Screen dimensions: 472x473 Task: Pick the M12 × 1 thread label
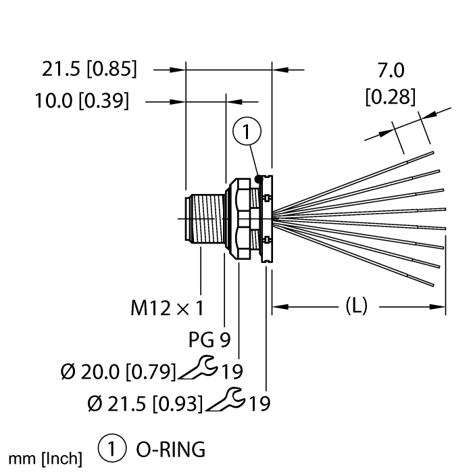pyautogui.click(x=166, y=309)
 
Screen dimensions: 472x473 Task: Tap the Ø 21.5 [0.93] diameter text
pyautogui.click(x=145, y=404)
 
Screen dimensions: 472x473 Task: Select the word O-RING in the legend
pyautogui.click(x=161, y=449)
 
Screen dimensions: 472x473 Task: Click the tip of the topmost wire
pyautogui.click(x=432, y=152)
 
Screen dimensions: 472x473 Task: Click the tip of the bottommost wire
pyautogui.click(x=432, y=285)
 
